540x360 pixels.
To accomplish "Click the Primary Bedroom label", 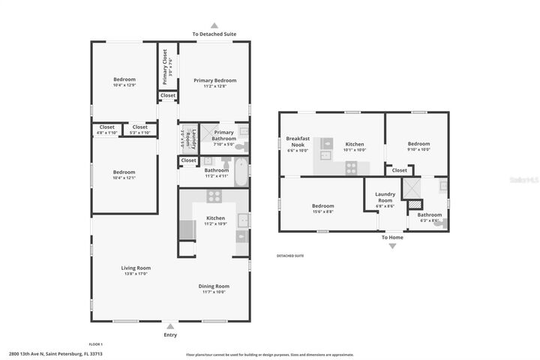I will point(214,80).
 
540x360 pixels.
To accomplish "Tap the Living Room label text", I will point(136,268).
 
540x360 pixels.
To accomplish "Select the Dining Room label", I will point(214,286).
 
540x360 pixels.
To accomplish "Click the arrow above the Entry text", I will point(170,326).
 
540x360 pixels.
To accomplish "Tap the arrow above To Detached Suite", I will point(214,25).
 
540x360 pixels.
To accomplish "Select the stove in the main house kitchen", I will point(214,197).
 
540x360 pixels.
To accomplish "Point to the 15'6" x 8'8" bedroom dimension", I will point(322,212).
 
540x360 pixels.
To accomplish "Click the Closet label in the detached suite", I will point(400,170).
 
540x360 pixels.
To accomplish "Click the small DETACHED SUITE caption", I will point(290,256).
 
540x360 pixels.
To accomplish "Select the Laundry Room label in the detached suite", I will point(385,197).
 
